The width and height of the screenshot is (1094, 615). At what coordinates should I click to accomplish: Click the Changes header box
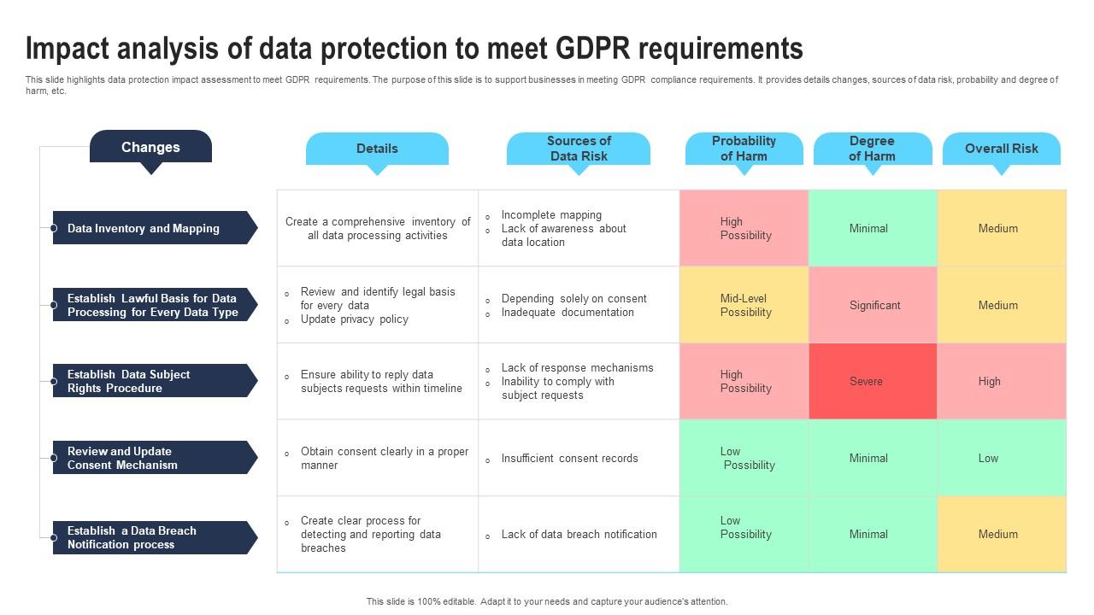tap(150, 147)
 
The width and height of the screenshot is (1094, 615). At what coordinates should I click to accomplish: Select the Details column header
tap(377, 149)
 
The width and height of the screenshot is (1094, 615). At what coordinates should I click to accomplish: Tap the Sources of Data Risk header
tap(579, 149)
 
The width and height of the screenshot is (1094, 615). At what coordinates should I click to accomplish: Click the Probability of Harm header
tap(744, 149)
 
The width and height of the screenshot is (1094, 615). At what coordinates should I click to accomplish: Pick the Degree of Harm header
tap(872, 149)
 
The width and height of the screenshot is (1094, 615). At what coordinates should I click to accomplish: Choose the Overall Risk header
tap(1001, 149)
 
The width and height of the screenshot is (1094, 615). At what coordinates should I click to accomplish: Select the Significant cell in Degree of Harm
tap(873, 305)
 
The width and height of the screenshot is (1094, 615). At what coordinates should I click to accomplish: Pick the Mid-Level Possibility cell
tap(744, 305)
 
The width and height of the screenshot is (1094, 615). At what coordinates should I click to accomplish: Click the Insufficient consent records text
tap(569, 459)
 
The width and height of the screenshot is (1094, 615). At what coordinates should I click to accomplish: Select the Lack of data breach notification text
tap(579, 535)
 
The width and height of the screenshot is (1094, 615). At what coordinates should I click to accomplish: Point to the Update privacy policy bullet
tap(354, 319)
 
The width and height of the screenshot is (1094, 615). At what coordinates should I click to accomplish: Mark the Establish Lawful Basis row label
tap(152, 305)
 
